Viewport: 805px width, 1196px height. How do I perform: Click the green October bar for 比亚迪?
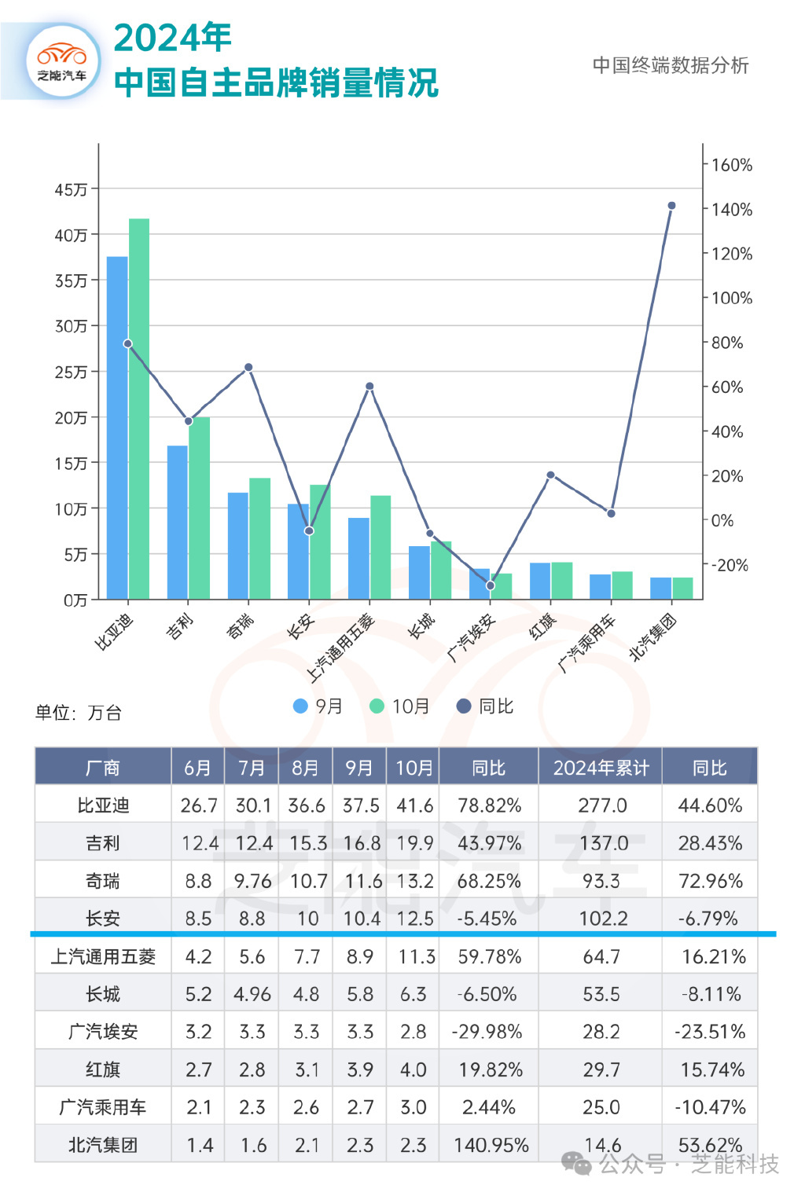pyautogui.click(x=139, y=409)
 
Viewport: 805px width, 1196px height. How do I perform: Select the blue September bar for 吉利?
pyautogui.click(x=178, y=523)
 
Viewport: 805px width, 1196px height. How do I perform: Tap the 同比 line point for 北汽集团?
pyautogui.click(x=671, y=206)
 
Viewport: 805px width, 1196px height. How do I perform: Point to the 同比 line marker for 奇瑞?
pyautogui.click(x=248, y=367)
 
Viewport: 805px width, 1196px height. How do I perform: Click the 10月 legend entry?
pyautogui.click(x=401, y=706)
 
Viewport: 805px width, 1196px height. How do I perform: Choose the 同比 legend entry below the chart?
pyautogui.click(x=486, y=706)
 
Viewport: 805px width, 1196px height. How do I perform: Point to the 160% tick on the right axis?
pyautogui.click(x=731, y=165)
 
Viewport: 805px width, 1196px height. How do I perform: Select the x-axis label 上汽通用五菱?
pyautogui.click(x=341, y=648)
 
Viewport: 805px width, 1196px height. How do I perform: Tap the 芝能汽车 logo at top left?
pyautogui.click(x=62, y=61)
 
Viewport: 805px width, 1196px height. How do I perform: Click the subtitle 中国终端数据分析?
pyautogui.click(x=671, y=65)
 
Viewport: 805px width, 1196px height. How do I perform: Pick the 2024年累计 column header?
pyautogui.click(x=601, y=768)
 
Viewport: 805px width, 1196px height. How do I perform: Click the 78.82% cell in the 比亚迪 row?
pyautogui.click(x=489, y=805)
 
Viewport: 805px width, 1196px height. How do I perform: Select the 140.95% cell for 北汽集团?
pyautogui.click(x=491, y=1145)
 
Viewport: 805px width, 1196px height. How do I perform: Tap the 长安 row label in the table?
pyautogui.click(x=103, y=918)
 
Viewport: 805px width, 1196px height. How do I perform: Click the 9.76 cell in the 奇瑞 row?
pyautogui.click(x=252, y=881)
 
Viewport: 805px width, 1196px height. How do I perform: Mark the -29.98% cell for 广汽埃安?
pyautogui.click(x=487, y=1032)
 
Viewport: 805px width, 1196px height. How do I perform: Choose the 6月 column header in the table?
pyautogui.click(x=197, y=768)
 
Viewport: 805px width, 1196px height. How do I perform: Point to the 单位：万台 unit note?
pyautogui.click(x=78, y=713)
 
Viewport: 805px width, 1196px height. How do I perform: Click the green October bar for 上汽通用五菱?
pyautogui.click(x=380, y=547)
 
